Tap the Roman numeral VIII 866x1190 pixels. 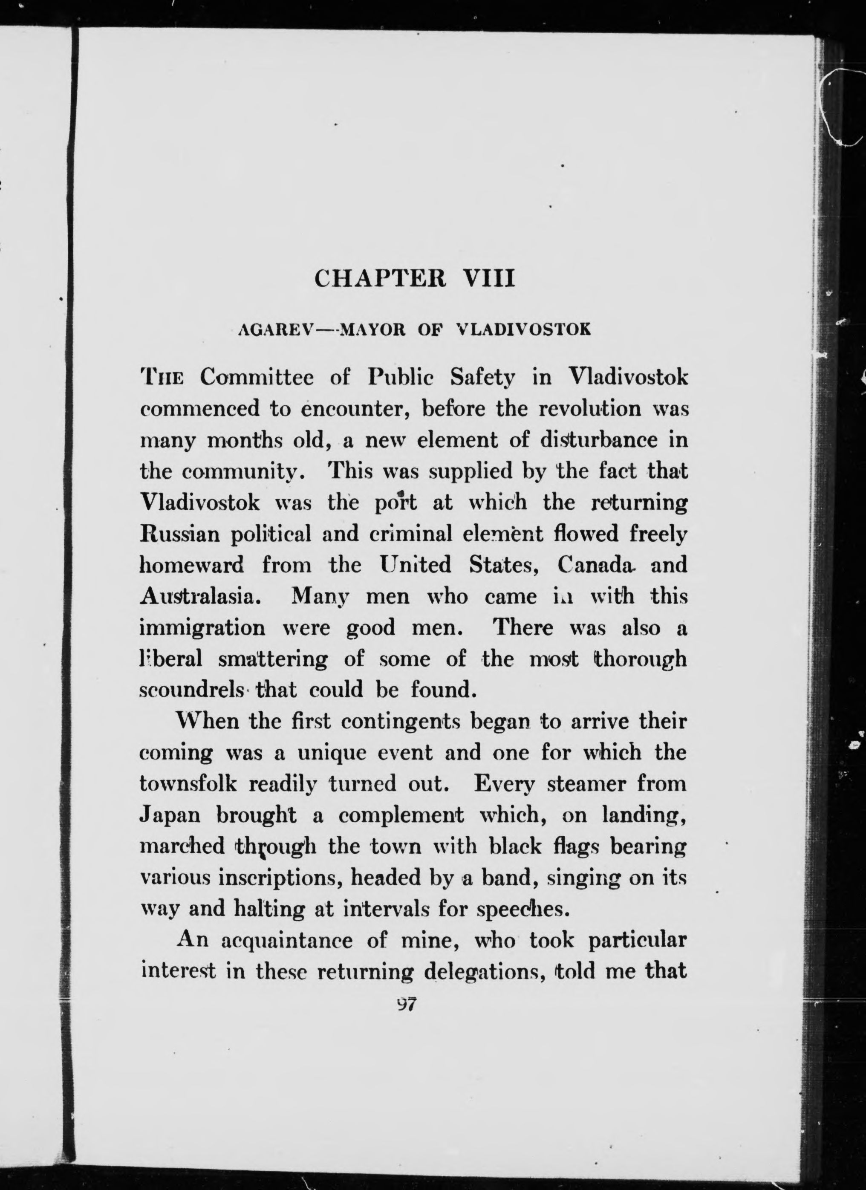coord(489,278)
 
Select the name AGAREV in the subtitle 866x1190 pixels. coord(275,329)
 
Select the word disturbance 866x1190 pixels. coord(599,440)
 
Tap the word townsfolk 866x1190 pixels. coord(188,784)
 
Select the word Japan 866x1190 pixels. coord(170,815)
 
